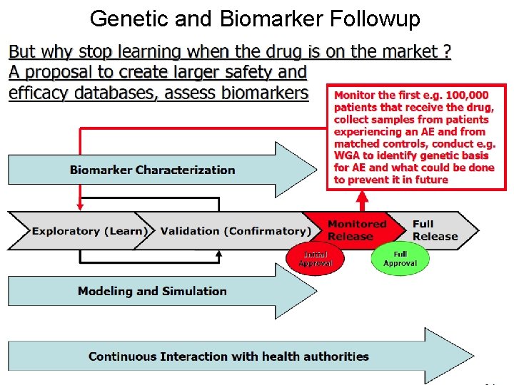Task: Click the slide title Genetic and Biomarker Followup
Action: pyautogui.click(x=255, y=19)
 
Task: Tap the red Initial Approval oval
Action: pyautogui.click(x=315, y=258)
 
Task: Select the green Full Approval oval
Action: pyautogui.click(x=400, y=258)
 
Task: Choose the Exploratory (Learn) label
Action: pyautogui.click(x=89, y=231)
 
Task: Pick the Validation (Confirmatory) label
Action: pyautogui.click(x=236, y=231)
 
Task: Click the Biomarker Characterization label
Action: pyautogui.click(x=152, y=170)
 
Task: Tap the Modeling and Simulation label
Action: pyautogui.click(x=152, y=291)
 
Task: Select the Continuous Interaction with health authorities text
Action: pyautogui.click(x=228, y=356)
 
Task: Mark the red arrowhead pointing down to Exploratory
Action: pyautogui.click(x=79, y=206)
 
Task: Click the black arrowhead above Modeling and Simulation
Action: pyautogui.click(x=219, y=254)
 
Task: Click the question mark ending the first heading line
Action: pyautogui.click(x=446, y=52)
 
